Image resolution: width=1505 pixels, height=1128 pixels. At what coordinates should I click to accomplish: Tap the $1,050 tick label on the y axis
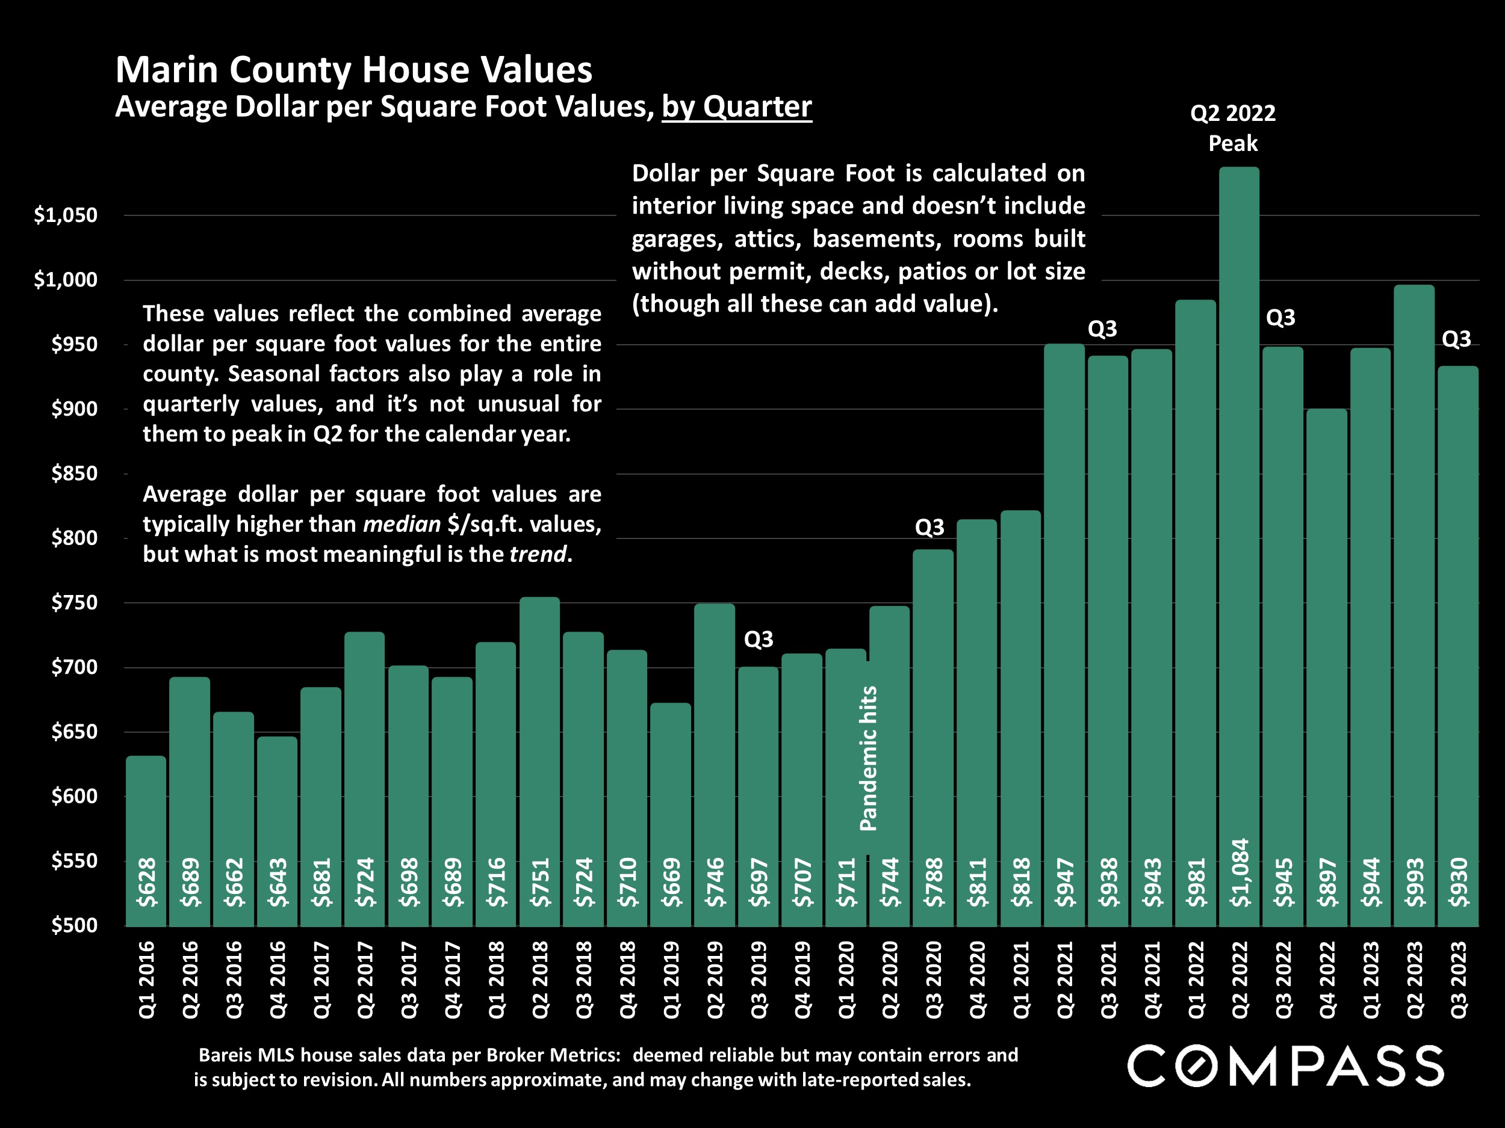66,215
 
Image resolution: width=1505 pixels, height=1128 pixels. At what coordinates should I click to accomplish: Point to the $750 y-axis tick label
74,602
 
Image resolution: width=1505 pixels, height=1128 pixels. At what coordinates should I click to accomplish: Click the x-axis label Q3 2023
1459,979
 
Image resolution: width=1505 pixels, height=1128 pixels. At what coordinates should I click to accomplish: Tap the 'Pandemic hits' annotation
869,758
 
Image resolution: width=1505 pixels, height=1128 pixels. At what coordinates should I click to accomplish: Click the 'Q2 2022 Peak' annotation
1233,128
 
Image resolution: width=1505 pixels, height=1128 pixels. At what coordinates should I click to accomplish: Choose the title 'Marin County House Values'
354,69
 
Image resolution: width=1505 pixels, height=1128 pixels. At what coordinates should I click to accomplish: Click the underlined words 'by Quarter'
737,106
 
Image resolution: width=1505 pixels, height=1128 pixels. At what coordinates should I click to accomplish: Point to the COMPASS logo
1285,1065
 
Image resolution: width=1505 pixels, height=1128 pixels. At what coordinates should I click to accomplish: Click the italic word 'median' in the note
402,524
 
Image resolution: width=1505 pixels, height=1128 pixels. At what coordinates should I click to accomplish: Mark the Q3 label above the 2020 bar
929,527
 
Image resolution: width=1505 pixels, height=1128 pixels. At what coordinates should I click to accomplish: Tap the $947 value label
1065,882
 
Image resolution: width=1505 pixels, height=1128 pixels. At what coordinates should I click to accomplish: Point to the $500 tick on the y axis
74,925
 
